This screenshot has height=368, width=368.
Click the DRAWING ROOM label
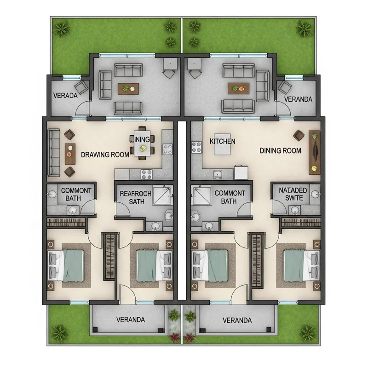pyautogui.click(x=105, y=155)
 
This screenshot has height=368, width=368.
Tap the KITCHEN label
pyautogui.click(x=222, y=141)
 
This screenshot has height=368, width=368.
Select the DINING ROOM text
pyautogui.click(x=280, y=150)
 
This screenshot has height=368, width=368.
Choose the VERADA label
pyautogui.click(x=65, y=97)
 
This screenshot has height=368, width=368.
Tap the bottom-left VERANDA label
pyautogui.click(x=131, y=320)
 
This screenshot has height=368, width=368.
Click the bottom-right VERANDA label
pyautogui.click(x=236, y=320)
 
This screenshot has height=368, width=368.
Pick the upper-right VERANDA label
pyautogui.click(x=298, y=99)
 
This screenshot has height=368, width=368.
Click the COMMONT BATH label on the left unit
pyautogui.click(x=76, y=194)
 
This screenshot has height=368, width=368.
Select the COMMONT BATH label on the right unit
pyautogui.click(x=230, y=197)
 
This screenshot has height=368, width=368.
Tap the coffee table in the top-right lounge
pyautogui.click(x=238, y=88)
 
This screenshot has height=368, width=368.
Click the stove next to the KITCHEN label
pyautogui.click(x=197, y=147)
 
